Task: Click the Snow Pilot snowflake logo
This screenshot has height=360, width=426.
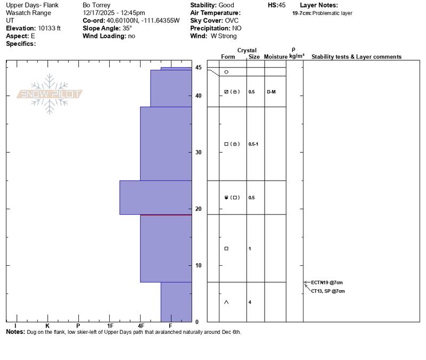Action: [50, 94]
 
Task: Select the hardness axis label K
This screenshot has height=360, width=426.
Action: [47, 325]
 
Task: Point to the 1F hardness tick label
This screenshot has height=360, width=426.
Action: [110, 325]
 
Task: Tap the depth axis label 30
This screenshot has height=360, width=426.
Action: [198, 152]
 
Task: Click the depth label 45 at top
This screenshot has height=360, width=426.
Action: [198, 68]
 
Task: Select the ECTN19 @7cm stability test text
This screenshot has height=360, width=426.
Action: [327, 282]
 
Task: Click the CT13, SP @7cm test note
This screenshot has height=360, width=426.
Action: [328, 291]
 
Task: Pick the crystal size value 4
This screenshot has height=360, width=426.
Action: [250, 302]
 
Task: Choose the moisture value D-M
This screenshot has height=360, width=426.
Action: [272, 92]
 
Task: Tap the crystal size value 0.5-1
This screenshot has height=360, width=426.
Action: [253, 144]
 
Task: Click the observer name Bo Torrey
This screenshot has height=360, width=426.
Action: [97, 5]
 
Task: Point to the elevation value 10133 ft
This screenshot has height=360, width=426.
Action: [50, 28]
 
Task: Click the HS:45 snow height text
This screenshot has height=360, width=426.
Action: [277, 5]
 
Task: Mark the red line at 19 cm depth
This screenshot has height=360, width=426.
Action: [166, 215]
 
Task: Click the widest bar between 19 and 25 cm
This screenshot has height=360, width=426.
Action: [155, 198]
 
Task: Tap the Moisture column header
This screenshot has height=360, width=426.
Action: [275, 56]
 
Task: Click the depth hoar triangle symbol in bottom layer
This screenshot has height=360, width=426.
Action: [226, 302]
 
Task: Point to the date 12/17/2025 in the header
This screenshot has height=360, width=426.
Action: [100, 13]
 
